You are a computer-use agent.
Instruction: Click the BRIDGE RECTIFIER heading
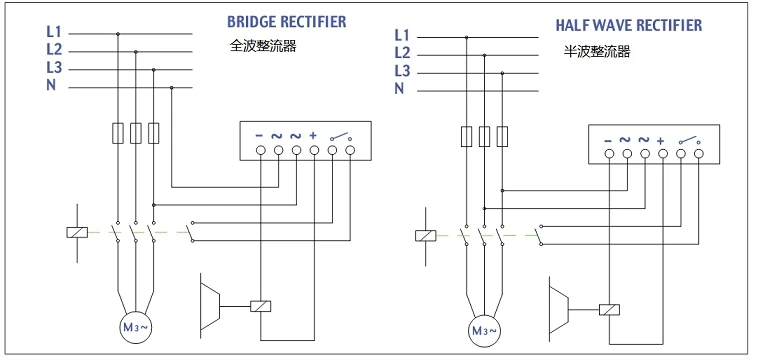(x=287, y=22)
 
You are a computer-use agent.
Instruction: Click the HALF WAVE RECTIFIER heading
(x=628, y=25)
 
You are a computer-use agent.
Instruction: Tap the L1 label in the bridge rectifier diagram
(x=54, y=32)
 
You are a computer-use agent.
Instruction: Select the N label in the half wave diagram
(x=399, y=88)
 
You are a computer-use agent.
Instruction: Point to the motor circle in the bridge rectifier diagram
(x=135, y=327)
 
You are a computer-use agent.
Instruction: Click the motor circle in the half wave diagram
(x=484, y=331)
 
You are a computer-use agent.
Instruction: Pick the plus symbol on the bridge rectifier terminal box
(x=313, y=136)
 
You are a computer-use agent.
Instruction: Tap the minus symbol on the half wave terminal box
(x=608, y=141)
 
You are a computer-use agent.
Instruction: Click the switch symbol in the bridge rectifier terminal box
(x=341, y=137)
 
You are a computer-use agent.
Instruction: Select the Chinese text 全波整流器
(x=262, y=46)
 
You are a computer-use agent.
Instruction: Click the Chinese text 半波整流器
(x=598, y=51)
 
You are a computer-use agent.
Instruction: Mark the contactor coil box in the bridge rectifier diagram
(x=77, y=232)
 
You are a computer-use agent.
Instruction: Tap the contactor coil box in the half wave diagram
(x=426, y=236)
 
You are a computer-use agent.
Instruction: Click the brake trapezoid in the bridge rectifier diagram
(x=210, y=302)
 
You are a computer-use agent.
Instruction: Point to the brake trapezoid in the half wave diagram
(x=558, y=305)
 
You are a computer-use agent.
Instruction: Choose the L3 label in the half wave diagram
(x=402, y=71)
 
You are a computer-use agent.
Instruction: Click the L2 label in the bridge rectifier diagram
(x=54, y=49)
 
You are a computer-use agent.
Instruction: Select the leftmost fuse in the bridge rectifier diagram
(x=118, y=133)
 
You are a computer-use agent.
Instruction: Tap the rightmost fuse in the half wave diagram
(x=502, y=136)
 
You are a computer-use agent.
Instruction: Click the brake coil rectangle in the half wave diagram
(x=609, y=310)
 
